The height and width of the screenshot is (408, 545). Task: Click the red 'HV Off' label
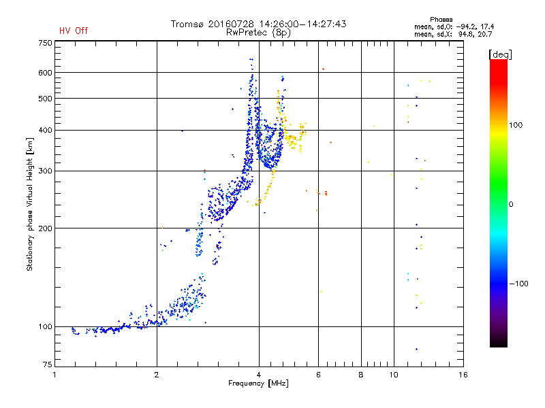(73, 31)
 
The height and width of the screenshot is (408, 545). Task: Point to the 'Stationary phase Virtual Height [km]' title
(30, 204)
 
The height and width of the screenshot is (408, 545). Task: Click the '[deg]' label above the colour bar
(500, 54)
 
